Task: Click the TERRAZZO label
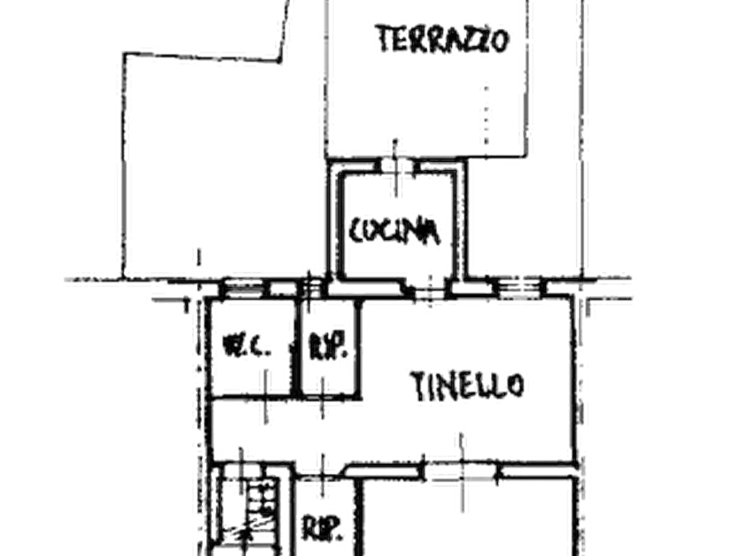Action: click(x=443, y=39)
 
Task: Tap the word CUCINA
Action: click(x=394, y=232)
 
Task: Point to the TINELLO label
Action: click(x=467, y=385)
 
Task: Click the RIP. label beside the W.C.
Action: click(x=328, y=347)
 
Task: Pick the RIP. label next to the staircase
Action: click(x=322, y=528)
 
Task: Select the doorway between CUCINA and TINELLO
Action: click(x=431, y=289)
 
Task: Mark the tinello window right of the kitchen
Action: click(x=520, y=286)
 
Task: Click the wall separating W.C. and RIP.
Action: click(x=297, y=348)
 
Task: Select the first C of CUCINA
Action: click(x=356, y=231)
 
